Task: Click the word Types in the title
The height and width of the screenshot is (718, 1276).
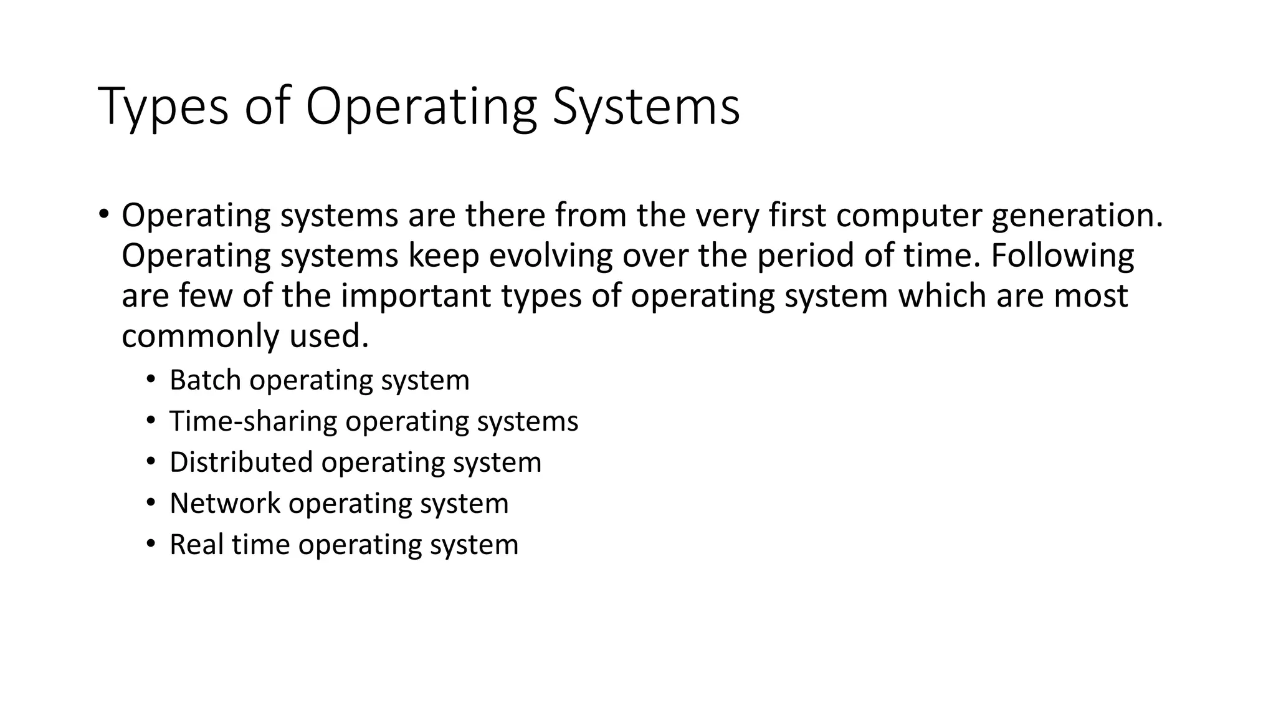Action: (163, 107)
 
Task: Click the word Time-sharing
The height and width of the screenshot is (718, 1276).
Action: (252, 421)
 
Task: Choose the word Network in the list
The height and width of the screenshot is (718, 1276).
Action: (224, 504)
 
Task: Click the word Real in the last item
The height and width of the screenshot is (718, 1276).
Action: (196, 545)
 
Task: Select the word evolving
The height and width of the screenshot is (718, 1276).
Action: (550, 256)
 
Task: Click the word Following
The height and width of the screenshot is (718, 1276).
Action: (1062, 256)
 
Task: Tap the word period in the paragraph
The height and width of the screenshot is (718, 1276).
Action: (805, 256)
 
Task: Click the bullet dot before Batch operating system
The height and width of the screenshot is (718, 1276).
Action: (151, 380)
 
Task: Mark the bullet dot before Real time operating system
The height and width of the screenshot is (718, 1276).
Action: (151, 544)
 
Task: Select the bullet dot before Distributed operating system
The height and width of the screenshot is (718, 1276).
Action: (151, 462)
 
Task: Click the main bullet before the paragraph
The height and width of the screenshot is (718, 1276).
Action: (103, 215)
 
